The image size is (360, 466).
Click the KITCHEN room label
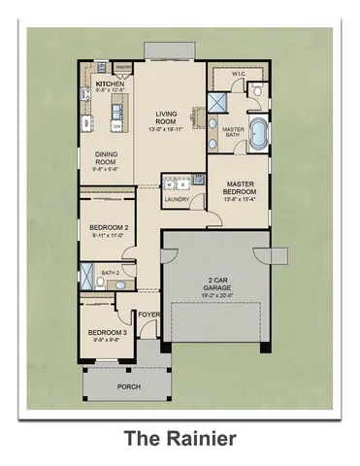click(x=110, y=85)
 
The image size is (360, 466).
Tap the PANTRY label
click(x=123, y=67)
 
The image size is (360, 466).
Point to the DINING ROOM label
click(x=108, y=158)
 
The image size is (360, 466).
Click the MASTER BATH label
click(x=233, y=133)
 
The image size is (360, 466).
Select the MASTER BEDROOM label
click(x=240, y=187)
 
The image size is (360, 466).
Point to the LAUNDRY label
click(x=177, y=199)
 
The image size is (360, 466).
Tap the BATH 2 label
click(x=111, y=274)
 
